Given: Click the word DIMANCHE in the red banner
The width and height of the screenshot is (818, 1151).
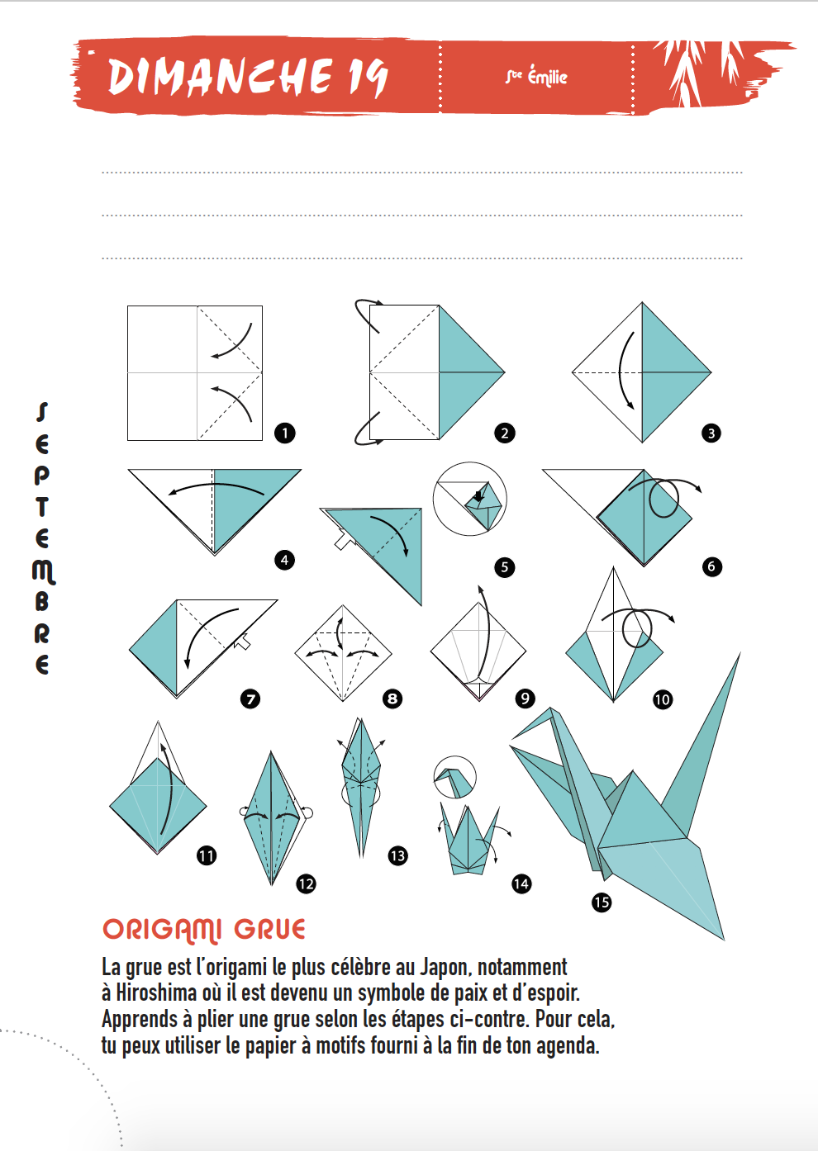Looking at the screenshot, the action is [220, 77].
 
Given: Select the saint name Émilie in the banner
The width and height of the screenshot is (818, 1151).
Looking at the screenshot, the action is [548, 77].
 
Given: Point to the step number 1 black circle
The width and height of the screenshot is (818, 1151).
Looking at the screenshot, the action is [285, 433].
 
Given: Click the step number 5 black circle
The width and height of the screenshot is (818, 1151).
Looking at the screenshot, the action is [504, 567].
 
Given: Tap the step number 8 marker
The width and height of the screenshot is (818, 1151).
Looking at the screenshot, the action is [392, 699].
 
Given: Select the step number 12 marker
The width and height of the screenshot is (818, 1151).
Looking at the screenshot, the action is [306, 883].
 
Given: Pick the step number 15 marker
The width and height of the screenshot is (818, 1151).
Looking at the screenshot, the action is [602, 902].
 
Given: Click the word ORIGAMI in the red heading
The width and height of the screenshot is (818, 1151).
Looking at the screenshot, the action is [162, 930].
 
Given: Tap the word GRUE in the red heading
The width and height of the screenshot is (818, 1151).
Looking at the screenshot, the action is [270, 929].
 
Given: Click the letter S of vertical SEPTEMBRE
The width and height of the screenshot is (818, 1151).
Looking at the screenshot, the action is [42, 412].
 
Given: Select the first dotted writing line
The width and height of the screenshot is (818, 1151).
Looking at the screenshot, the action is [422, 173].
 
